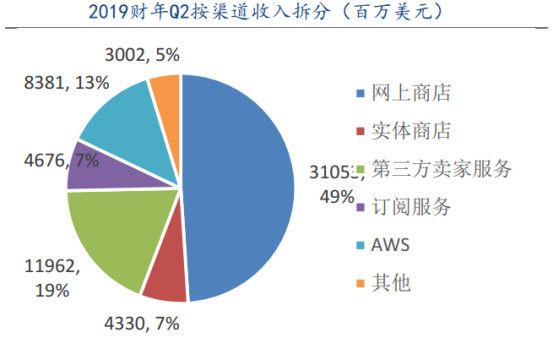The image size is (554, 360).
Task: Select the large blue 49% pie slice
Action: [x=240, y=180]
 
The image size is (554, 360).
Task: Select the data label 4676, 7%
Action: [x=40, y=159]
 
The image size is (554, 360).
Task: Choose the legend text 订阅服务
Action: [x=419, y=207]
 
